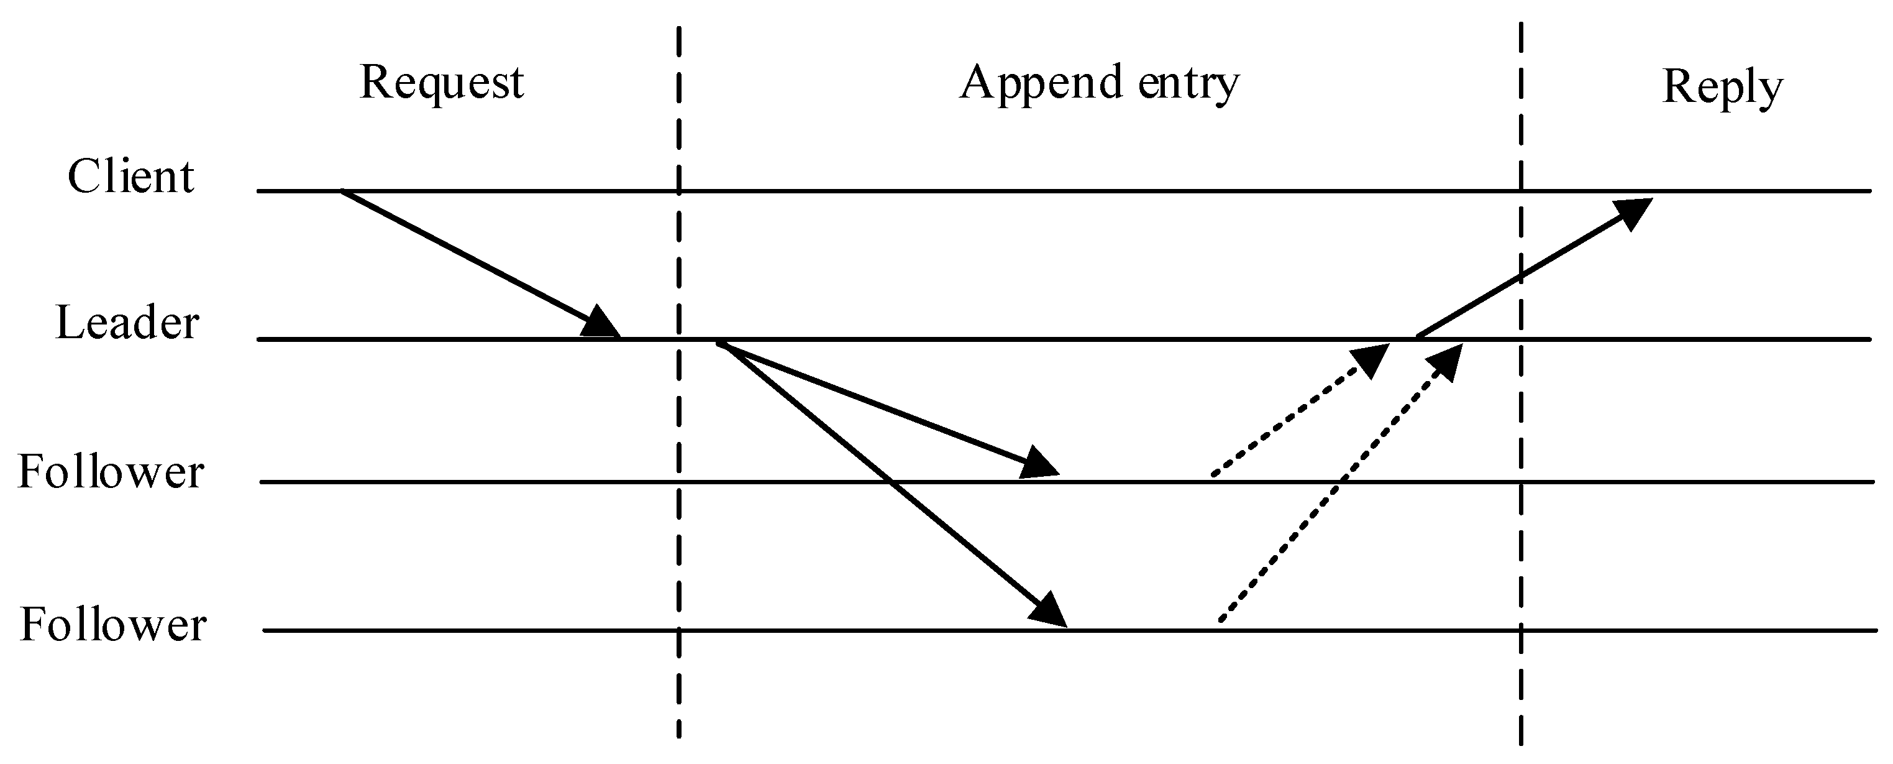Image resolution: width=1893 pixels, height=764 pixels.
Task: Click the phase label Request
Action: click(442, 83)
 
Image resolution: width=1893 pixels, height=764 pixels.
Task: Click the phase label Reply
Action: click(1722, 89)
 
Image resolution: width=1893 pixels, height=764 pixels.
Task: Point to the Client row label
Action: click(131, 177)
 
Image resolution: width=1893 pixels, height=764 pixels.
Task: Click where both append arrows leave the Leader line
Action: click(719, 342)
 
